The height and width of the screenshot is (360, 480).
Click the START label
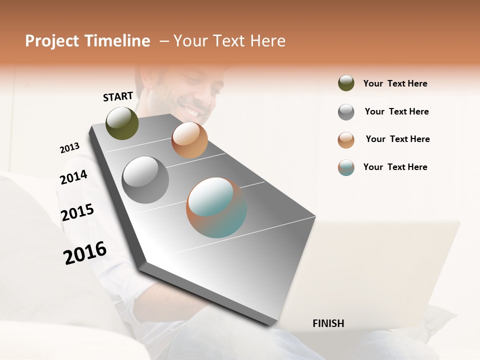pos(118,96)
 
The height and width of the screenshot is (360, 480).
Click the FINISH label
pos(328,323)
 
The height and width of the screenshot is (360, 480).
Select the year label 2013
pos(69,148)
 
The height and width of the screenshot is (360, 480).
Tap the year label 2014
pos(73,177)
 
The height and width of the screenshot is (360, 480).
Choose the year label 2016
pos(85,252)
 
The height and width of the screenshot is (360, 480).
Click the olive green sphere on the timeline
pos(122,123)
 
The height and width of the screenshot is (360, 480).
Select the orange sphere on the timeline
pos(189,140)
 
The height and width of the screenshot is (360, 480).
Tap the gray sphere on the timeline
pos(145,180)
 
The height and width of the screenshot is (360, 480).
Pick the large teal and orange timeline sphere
pos(216,207)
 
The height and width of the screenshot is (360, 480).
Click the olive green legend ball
pos(346,83)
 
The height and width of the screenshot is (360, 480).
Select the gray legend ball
pos(346,112)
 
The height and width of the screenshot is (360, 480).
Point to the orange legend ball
pos(346,140)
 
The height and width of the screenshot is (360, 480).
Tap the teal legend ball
pos(346,167)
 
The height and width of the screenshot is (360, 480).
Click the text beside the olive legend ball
pos(395,83)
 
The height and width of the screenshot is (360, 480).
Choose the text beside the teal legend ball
pos(395,167)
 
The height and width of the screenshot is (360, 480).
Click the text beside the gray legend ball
pos(396,111)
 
